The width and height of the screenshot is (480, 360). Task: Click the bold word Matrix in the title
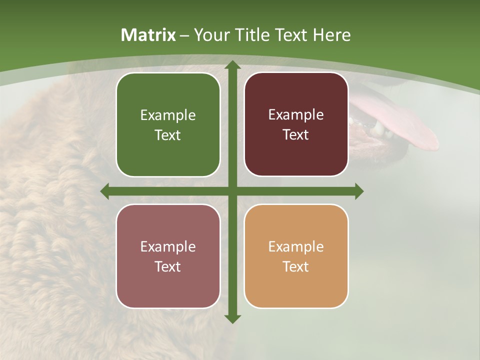(148, 35)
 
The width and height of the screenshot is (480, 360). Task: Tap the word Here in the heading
(331, 35)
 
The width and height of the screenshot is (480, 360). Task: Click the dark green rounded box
(168, 125)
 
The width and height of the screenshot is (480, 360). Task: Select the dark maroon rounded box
(296, 124)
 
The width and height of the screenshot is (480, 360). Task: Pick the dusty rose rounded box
(168, 256)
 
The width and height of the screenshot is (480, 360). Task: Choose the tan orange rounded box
(296, 256)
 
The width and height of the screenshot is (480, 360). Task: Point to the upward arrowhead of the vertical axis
(232, 65)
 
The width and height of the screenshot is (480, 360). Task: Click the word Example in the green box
(168, 115)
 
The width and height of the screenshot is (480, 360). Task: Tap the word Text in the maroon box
(296, 135)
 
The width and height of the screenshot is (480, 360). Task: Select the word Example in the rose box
(168, 247)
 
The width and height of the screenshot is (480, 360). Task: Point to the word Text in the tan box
(296, 266)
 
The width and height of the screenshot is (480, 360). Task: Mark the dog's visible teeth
(372, 129)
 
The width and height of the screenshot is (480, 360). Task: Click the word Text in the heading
(289, 35)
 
